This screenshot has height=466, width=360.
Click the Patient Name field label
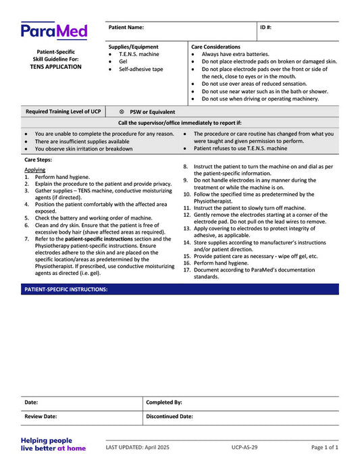[x=126, y=28]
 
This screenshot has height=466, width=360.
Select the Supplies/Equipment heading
[x=134, y=47]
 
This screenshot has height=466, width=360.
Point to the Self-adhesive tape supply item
[x=140, y=69]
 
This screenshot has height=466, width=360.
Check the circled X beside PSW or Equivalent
[x=122, y=111]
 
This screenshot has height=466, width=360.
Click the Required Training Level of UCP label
[x=63, y=111]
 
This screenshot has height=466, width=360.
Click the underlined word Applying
[x=35, y=170]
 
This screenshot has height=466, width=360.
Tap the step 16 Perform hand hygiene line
[x=221, y=263]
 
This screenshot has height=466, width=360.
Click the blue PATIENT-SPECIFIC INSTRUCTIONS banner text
[x=66, y=289]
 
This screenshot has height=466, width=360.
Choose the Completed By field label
[x=164, y=402]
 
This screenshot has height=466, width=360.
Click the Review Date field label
[x=41, y=417]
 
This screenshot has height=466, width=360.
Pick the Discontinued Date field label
[x=170, y=417]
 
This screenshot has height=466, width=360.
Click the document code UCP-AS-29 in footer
[x=245, y=447]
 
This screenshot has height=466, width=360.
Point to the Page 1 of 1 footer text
[x=325, y=447]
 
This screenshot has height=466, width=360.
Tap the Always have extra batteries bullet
[x=235, y=54]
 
